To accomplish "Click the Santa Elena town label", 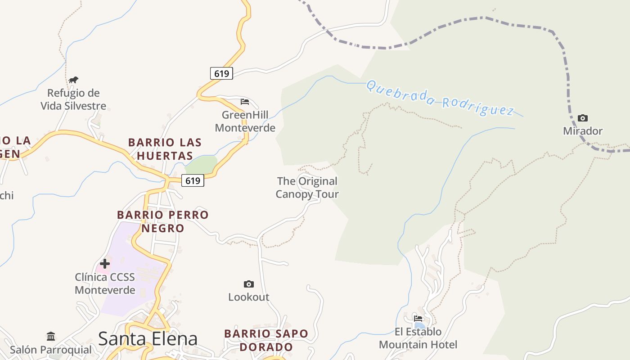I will coord(148,338).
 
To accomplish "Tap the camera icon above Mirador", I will coord(583,118).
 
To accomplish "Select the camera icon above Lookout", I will coord(248,284).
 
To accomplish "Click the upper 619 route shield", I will coord(221,73).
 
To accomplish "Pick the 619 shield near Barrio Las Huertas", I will coord(193,180).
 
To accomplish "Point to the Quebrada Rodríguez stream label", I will coord(440,98).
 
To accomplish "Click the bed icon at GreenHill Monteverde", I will coord(244,102).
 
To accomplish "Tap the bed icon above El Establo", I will coord(418,319).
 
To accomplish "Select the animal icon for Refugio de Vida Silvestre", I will coord(73,80).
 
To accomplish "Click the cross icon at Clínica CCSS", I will coord(105,264).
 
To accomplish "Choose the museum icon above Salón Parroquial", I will coord(51,336).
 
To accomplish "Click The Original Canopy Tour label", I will coord(307,188).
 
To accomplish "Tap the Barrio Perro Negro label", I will coord(163,221).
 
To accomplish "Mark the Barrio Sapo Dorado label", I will coord(266,340).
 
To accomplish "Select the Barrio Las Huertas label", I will coord(165,149).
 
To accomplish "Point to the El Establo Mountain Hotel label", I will coord(418,338).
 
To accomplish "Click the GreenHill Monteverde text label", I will coord(245,121).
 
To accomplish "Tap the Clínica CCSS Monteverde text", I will coord(105,283).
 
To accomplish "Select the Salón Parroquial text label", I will coord(51,350).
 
